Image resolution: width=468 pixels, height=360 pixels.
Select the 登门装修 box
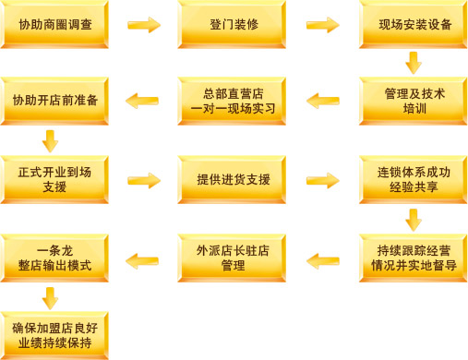pyautogui.click(x=233, y=25)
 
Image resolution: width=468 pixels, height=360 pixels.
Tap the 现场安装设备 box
pyautogui.click(x=414, y=25)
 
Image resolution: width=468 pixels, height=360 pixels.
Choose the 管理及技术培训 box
pyautogui.click(x=414, y=101)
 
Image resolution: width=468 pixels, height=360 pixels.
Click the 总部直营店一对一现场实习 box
pyautogui.click(x=233, y=101)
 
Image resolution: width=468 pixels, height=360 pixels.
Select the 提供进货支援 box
pyautogui.click(x=233, y=179)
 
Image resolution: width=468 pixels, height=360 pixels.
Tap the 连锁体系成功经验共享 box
pyautogui.click(x=414, y=179)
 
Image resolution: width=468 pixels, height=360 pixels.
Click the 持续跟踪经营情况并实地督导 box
pyautogui.click(x=414, y=258)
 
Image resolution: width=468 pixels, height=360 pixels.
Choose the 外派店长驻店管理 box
pyautogui.click(x=233, y=258)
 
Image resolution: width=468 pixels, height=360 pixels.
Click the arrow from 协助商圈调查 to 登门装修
pyautogui.click(x=143, y=25)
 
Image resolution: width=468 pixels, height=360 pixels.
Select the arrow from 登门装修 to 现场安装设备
pyautogui.click(x=323, y=25)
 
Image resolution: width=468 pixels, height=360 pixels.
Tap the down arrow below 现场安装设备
pyautogui.click(x=414, y=63)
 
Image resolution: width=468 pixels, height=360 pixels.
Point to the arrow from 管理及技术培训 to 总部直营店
pyautogui.click(x=323, y=101)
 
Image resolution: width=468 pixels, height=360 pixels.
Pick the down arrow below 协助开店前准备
pyautogui.click(x=51, y=140)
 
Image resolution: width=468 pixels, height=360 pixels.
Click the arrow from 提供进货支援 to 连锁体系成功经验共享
pyautogui.click(x=323, y=179)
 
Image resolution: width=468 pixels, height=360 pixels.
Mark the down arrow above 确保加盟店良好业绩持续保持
pyautogui.click(x=51, y=297)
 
